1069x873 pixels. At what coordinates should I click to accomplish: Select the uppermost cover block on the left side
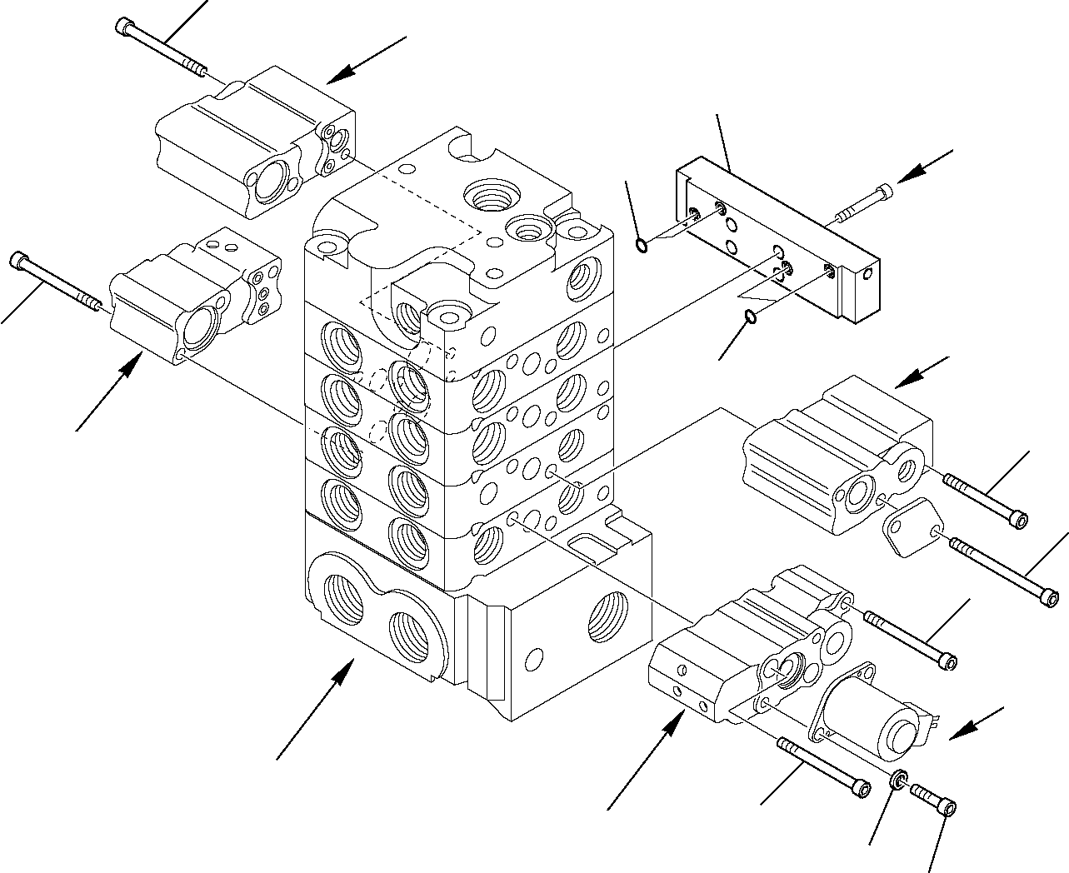click(x=250, y=142)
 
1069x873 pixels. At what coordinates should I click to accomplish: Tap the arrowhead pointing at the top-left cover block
click(x=333, y=79)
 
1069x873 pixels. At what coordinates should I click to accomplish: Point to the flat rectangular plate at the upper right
click(x=775, y=242)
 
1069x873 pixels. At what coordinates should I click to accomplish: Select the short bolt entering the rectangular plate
click(x=862, y=204)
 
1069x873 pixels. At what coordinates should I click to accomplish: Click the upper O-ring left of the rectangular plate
click(x=640, y=244)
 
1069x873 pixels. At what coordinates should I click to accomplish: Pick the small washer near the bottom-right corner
click(x=898, y=781)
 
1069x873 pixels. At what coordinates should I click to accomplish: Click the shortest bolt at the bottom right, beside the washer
click(x=934, y=798)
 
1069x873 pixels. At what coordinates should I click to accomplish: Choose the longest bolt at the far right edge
click(x=1003, y=571)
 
